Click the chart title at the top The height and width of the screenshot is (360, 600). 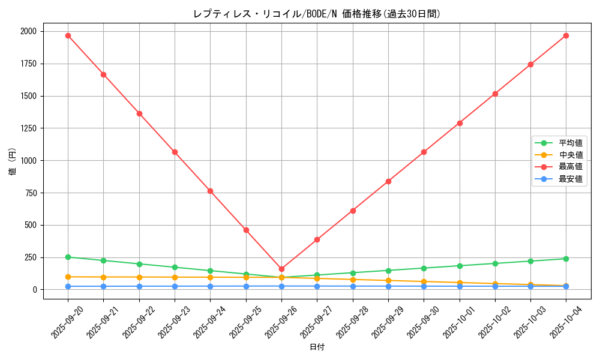[x=317, y=14]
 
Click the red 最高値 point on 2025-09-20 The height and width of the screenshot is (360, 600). [x=68, y=35]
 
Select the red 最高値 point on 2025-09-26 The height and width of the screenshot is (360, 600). [x=281, y=269]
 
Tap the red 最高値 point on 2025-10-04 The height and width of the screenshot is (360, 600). [x=566, y=35]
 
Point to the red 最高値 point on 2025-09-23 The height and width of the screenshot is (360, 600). [x=175, y=152]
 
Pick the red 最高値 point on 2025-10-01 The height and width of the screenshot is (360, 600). [x=460, y=123]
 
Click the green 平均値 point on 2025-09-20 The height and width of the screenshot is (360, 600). [x=68, y=257]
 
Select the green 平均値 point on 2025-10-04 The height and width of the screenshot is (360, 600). [x=566, y=259]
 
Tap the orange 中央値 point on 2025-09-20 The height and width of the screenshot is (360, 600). [x=68, y=277]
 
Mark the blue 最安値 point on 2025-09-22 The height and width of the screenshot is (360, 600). [x=139, y=286]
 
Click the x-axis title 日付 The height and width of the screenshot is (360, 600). [x=317, y=347]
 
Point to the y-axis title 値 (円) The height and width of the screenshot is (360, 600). [x=12, y=162]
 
